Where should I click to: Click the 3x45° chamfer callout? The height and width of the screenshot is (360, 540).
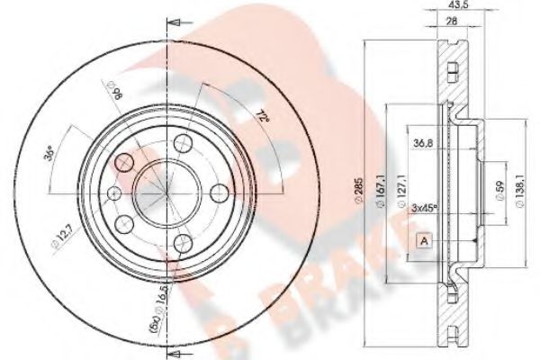point(424,210)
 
